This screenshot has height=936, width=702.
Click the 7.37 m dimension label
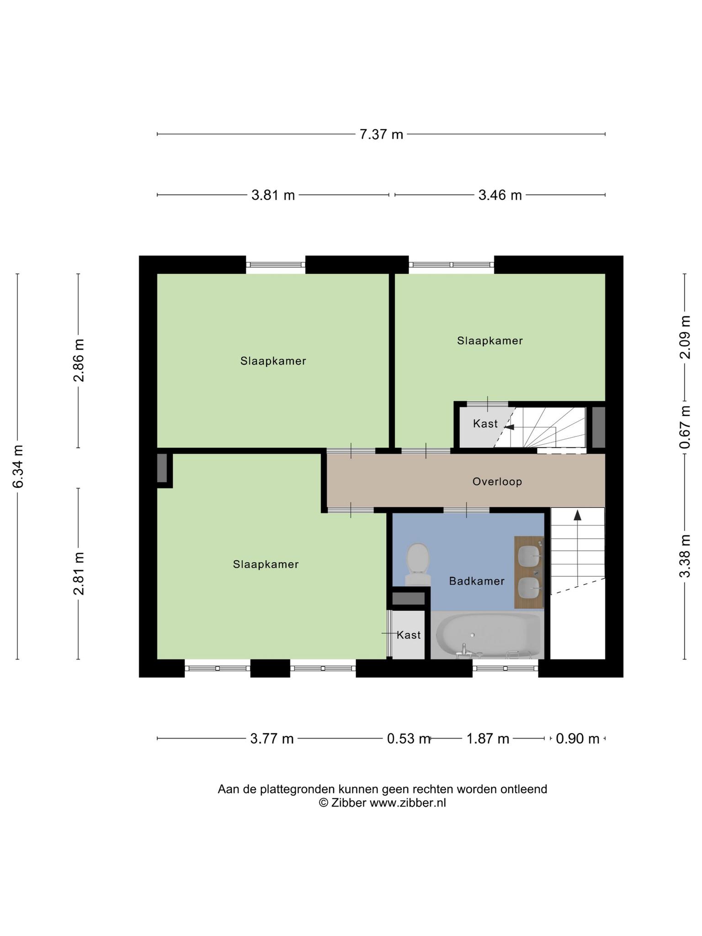[381, 134]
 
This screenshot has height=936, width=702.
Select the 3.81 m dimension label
[273, 195]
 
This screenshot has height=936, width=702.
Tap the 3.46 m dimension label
[500, 195]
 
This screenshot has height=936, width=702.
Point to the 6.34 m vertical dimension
[18, 466]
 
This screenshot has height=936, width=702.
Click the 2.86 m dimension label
[79, 360]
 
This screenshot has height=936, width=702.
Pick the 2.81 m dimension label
[79, 574]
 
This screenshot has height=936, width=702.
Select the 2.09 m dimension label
[685, 337]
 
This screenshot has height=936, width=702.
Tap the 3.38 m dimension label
[685, 556]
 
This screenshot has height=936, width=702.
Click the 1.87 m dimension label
[487, 739]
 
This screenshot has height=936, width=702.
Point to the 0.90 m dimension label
[578, 739]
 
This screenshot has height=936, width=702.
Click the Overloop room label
[497, 482]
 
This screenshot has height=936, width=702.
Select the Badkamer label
[477, 581]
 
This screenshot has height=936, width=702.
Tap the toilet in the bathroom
[418, 564]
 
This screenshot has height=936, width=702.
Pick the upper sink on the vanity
[529, 555]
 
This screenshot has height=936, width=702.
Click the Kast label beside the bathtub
[409, 635]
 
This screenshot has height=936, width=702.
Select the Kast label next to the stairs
[485, 424]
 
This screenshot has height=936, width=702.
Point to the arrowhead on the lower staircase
[578, 515]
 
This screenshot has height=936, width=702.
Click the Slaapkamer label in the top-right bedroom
[490, 340]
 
